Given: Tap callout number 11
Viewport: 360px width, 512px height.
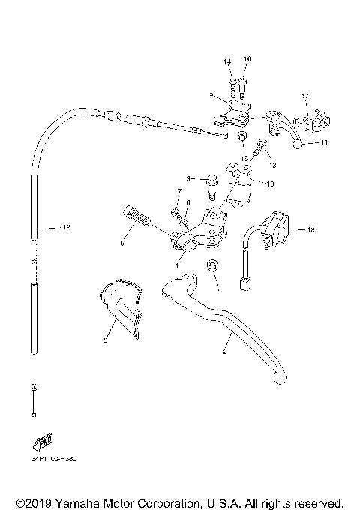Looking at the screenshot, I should tap(324, 142).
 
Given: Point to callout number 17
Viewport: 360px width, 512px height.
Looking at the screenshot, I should tap(305, 97).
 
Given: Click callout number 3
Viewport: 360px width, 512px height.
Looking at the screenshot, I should tap(190, 178).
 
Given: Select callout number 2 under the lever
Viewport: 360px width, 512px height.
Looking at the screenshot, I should tap(223, 350).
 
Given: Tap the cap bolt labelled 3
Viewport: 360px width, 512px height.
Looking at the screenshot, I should tap(211, 180).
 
